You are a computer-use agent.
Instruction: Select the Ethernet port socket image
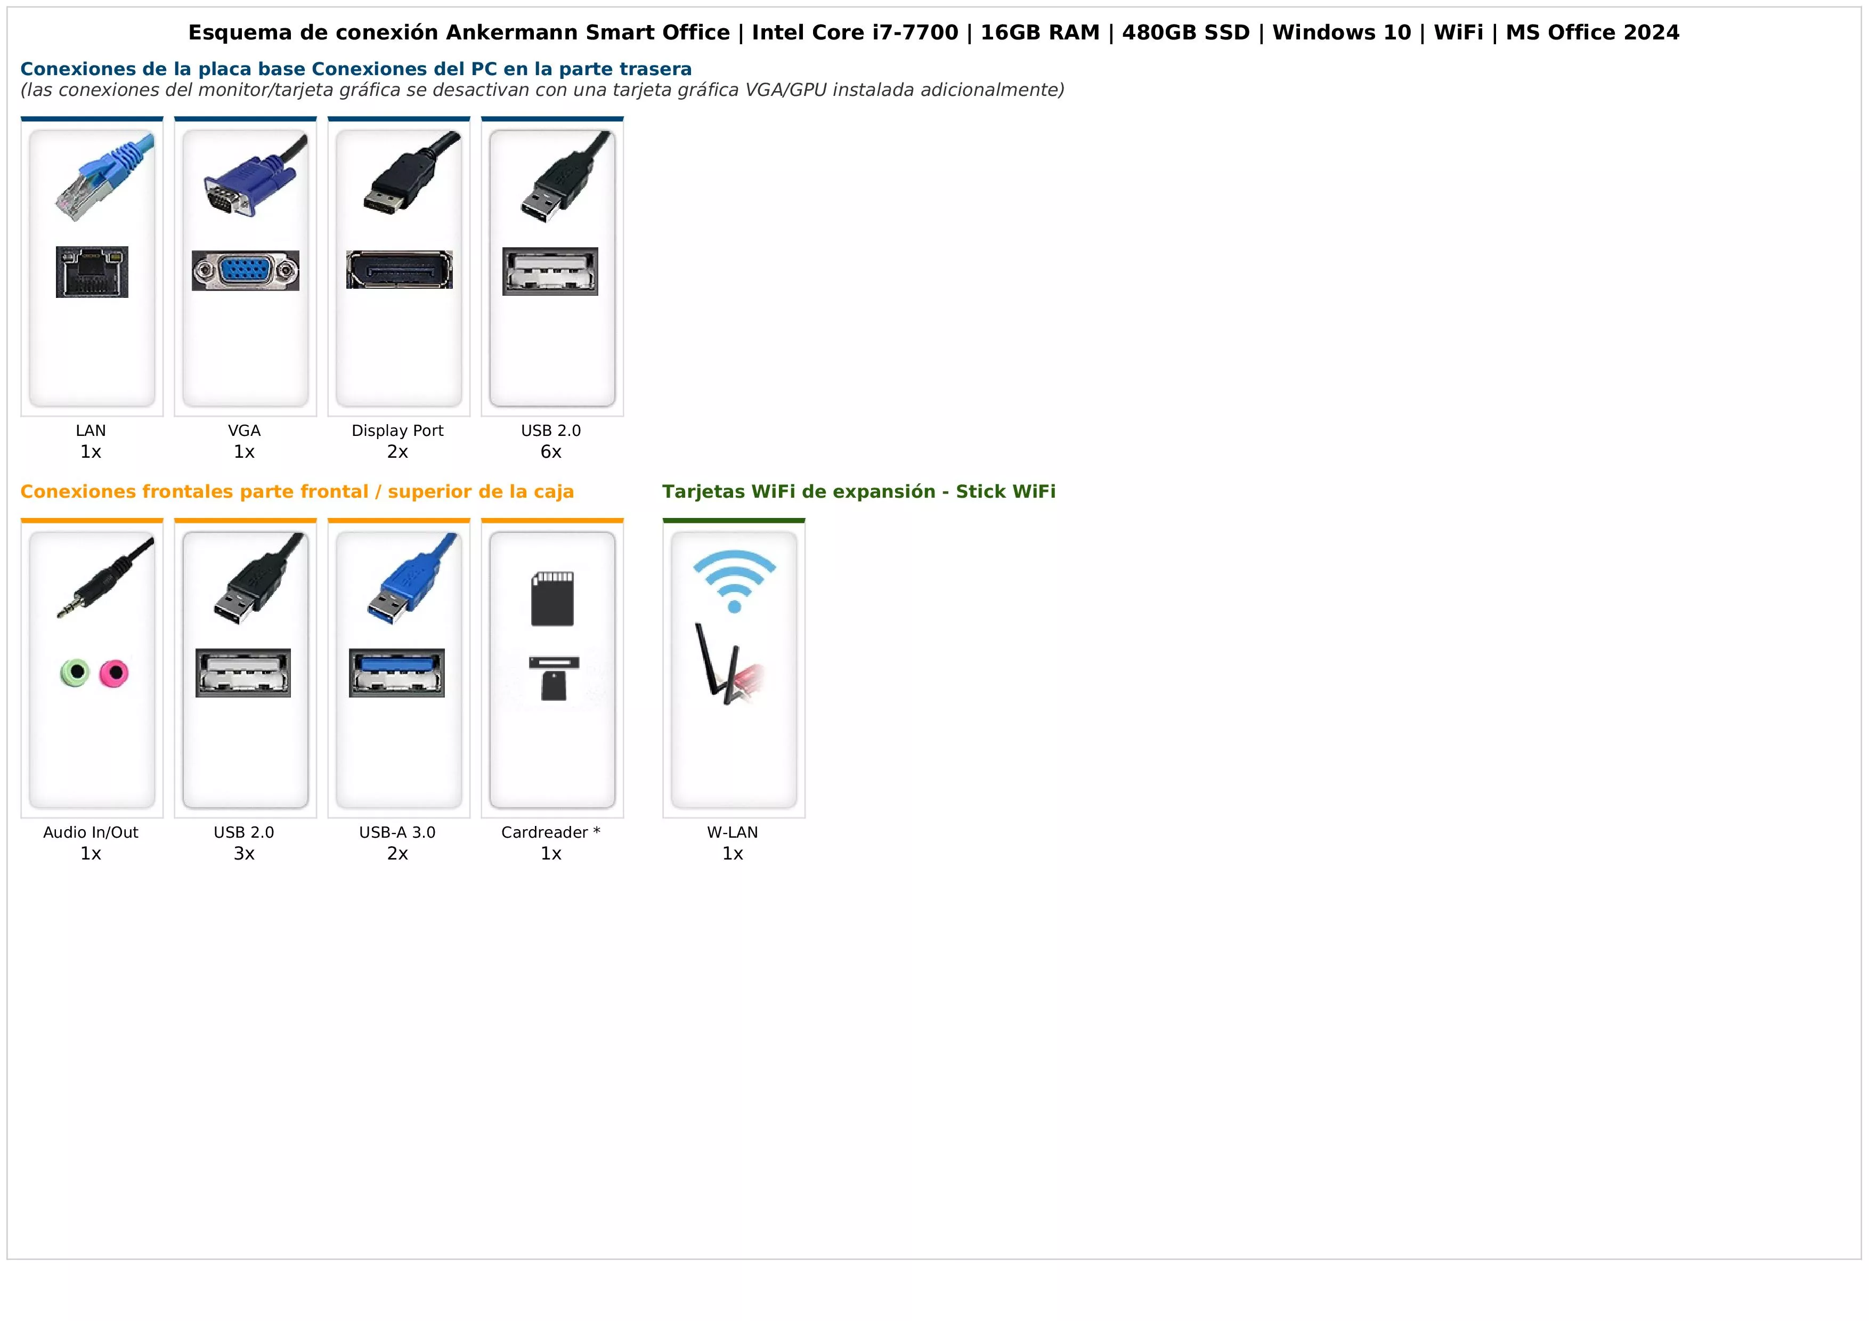point(92,272)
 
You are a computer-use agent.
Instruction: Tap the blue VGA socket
point(245,270)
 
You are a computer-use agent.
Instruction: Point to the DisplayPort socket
point(399,270)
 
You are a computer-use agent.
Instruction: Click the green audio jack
point(76,673)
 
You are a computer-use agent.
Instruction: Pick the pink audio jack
point(114,673)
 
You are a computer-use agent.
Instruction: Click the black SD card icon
point(552,598)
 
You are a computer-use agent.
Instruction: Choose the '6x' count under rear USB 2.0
point(551,452)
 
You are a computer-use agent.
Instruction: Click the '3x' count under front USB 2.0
point(244,854)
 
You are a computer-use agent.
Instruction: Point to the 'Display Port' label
point(397,431)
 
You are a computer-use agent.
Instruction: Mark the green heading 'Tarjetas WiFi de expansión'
point(799,492)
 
